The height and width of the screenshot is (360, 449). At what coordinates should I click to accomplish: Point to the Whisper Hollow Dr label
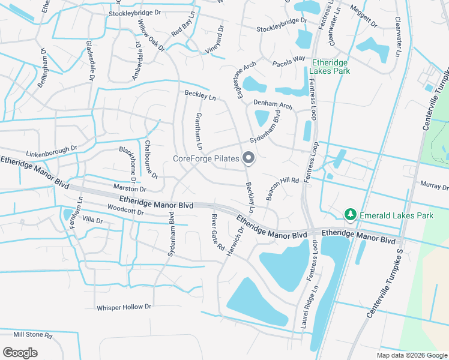point(125,307)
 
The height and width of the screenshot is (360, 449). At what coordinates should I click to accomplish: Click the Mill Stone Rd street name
point(33,334)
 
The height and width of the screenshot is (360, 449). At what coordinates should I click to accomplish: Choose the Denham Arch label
point(273,104)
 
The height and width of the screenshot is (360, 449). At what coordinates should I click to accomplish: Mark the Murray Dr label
point(435,186)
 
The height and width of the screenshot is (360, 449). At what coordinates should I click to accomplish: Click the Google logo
point(20,352)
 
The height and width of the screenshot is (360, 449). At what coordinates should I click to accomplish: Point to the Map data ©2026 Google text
point(412,355)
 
